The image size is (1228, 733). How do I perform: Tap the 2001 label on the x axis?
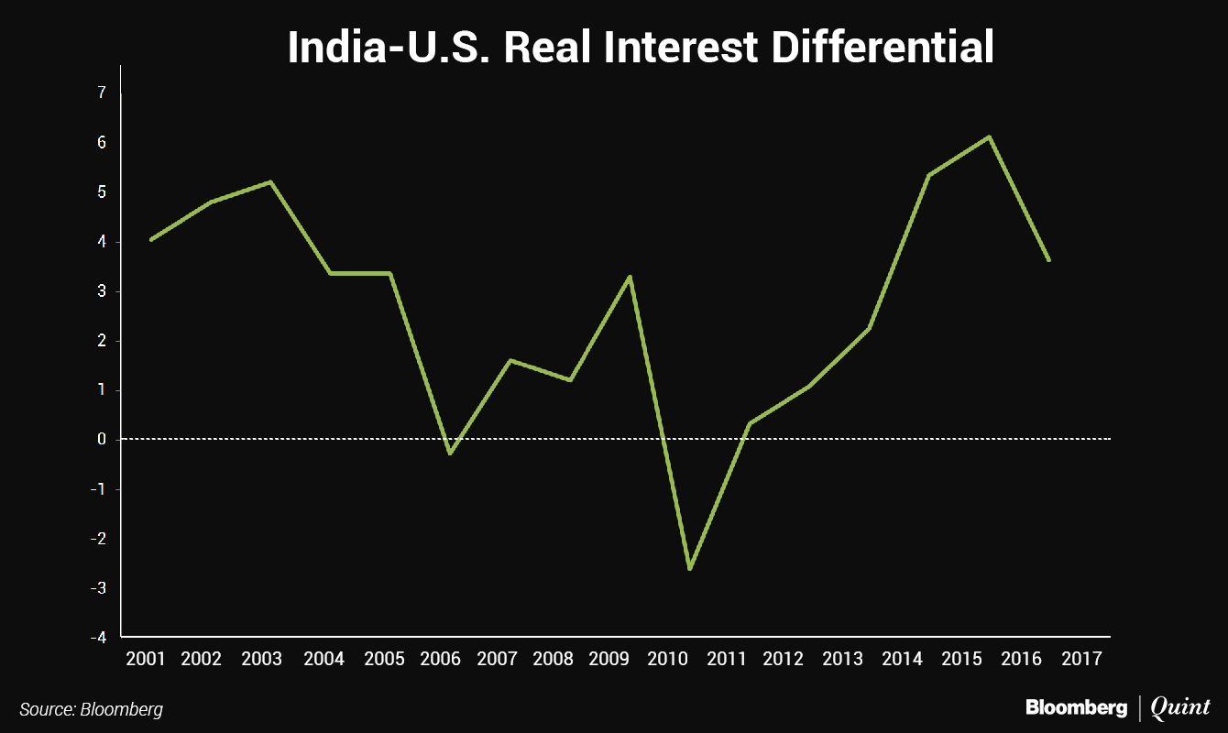tap(145, 659)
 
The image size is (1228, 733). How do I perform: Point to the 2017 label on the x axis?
tap(1083, 659)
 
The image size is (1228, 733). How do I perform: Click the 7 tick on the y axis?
tap(101, 93)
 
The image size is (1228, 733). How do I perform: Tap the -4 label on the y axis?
tap(98, 637)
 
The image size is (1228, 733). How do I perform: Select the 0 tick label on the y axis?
tap(101, 439)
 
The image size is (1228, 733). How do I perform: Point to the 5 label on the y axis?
tap(101, 192)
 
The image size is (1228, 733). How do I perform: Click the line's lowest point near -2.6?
tap(689, 569)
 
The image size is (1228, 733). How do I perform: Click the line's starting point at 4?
tap(150, 240)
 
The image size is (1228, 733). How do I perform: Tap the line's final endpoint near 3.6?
tap(1048, 260)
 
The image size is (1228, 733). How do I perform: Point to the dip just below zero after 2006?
tap(450, 453)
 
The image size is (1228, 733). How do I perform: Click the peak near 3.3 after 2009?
tap(630, 277)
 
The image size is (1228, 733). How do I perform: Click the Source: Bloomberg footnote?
tap(91, 709)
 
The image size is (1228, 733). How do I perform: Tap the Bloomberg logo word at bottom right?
tap(1076, 707)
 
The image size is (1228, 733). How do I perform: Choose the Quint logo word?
tap(1179, 707)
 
